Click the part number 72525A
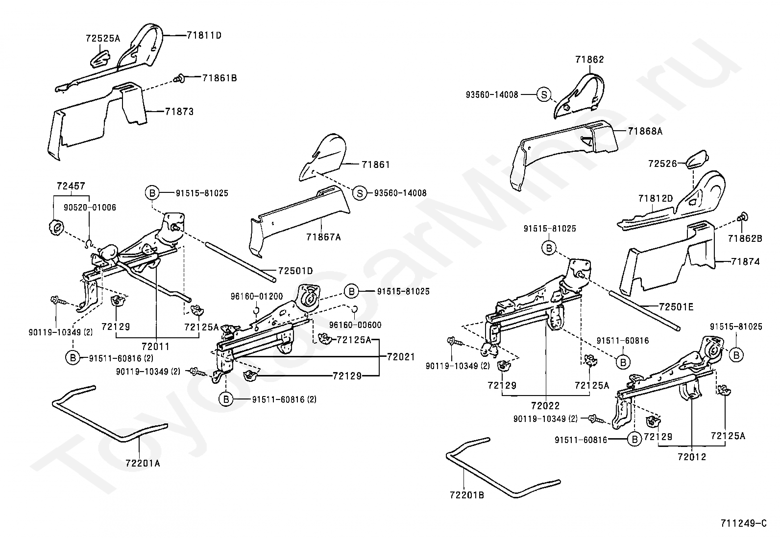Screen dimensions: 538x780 click(102, 38)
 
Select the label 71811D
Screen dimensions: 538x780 click(204, 35)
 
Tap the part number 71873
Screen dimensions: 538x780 click(179, 112)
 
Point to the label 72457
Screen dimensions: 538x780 click(71, 186)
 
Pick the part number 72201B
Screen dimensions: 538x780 click(466, 495)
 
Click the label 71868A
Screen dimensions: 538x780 click(645, 131)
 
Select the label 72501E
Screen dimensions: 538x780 click(677, 307)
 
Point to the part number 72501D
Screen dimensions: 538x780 click(295, 271)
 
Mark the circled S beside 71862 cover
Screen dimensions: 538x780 click(544, 95)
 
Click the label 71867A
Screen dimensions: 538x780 click(323, 237)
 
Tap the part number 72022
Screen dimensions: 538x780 click(544, 405)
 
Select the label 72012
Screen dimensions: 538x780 click(692, 457)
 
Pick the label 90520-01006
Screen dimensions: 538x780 click(90, 208)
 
